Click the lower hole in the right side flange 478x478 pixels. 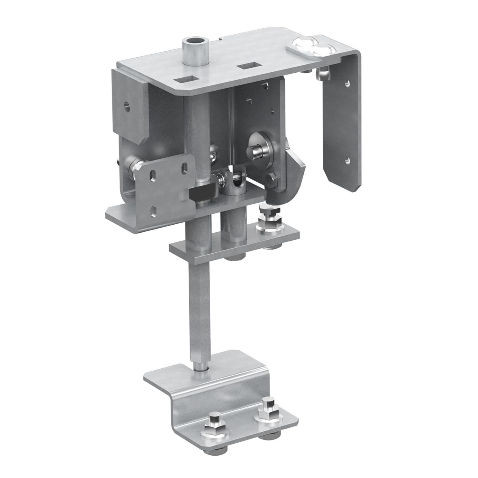tap(349, 160)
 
